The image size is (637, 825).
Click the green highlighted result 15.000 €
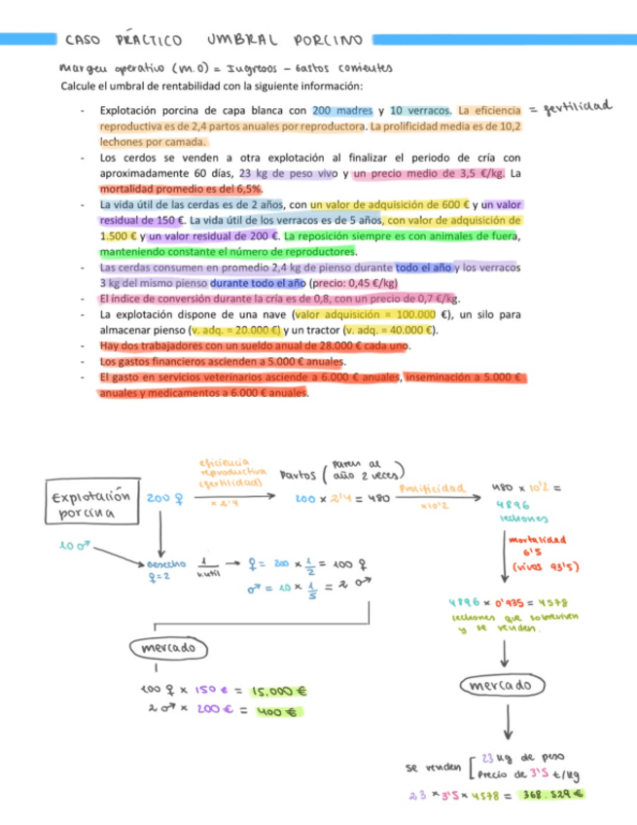click(278, 692)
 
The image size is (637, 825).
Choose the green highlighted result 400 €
click(277, 711)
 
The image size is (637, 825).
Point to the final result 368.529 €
click(550, 794)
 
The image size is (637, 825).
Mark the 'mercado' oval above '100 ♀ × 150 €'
click(165, 646)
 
